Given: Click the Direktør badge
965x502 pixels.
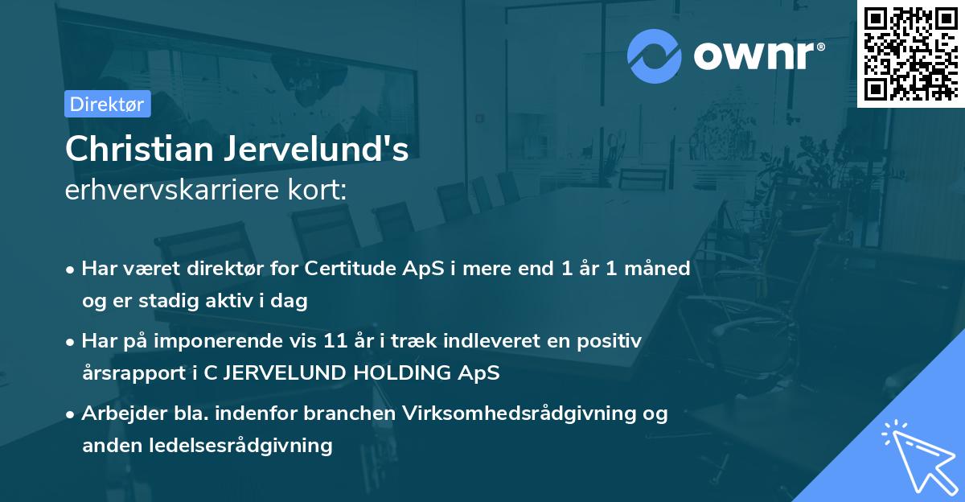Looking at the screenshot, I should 107,104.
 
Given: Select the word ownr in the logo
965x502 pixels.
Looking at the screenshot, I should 758,56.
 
